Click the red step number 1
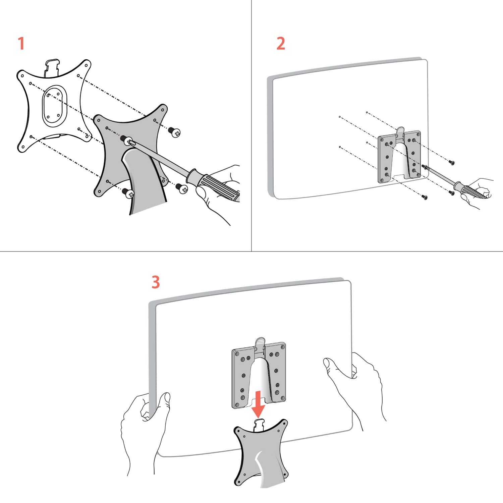coord(21,44)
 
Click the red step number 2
coord(281,44)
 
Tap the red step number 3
coord(156,282)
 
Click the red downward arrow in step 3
coord(258,404)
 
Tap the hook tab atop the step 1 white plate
coord(52,67)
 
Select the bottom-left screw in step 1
coord(128,192)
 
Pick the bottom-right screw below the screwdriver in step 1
coord(182,188)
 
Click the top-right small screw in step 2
coord(451,162)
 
